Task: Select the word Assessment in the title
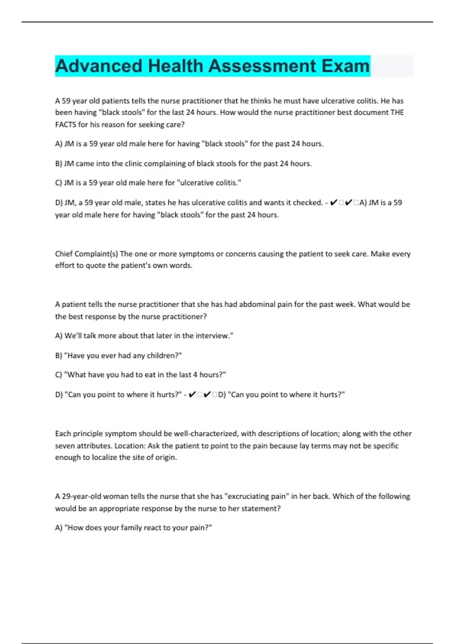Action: point(262,66)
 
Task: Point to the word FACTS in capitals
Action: point(66,125)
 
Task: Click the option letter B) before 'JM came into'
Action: point(59,164)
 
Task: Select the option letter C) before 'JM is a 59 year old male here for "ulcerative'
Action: point(59,183)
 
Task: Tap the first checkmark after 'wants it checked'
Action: point(334,203)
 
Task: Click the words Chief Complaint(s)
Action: point(86,254)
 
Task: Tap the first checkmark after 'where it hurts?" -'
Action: point(192,395)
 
